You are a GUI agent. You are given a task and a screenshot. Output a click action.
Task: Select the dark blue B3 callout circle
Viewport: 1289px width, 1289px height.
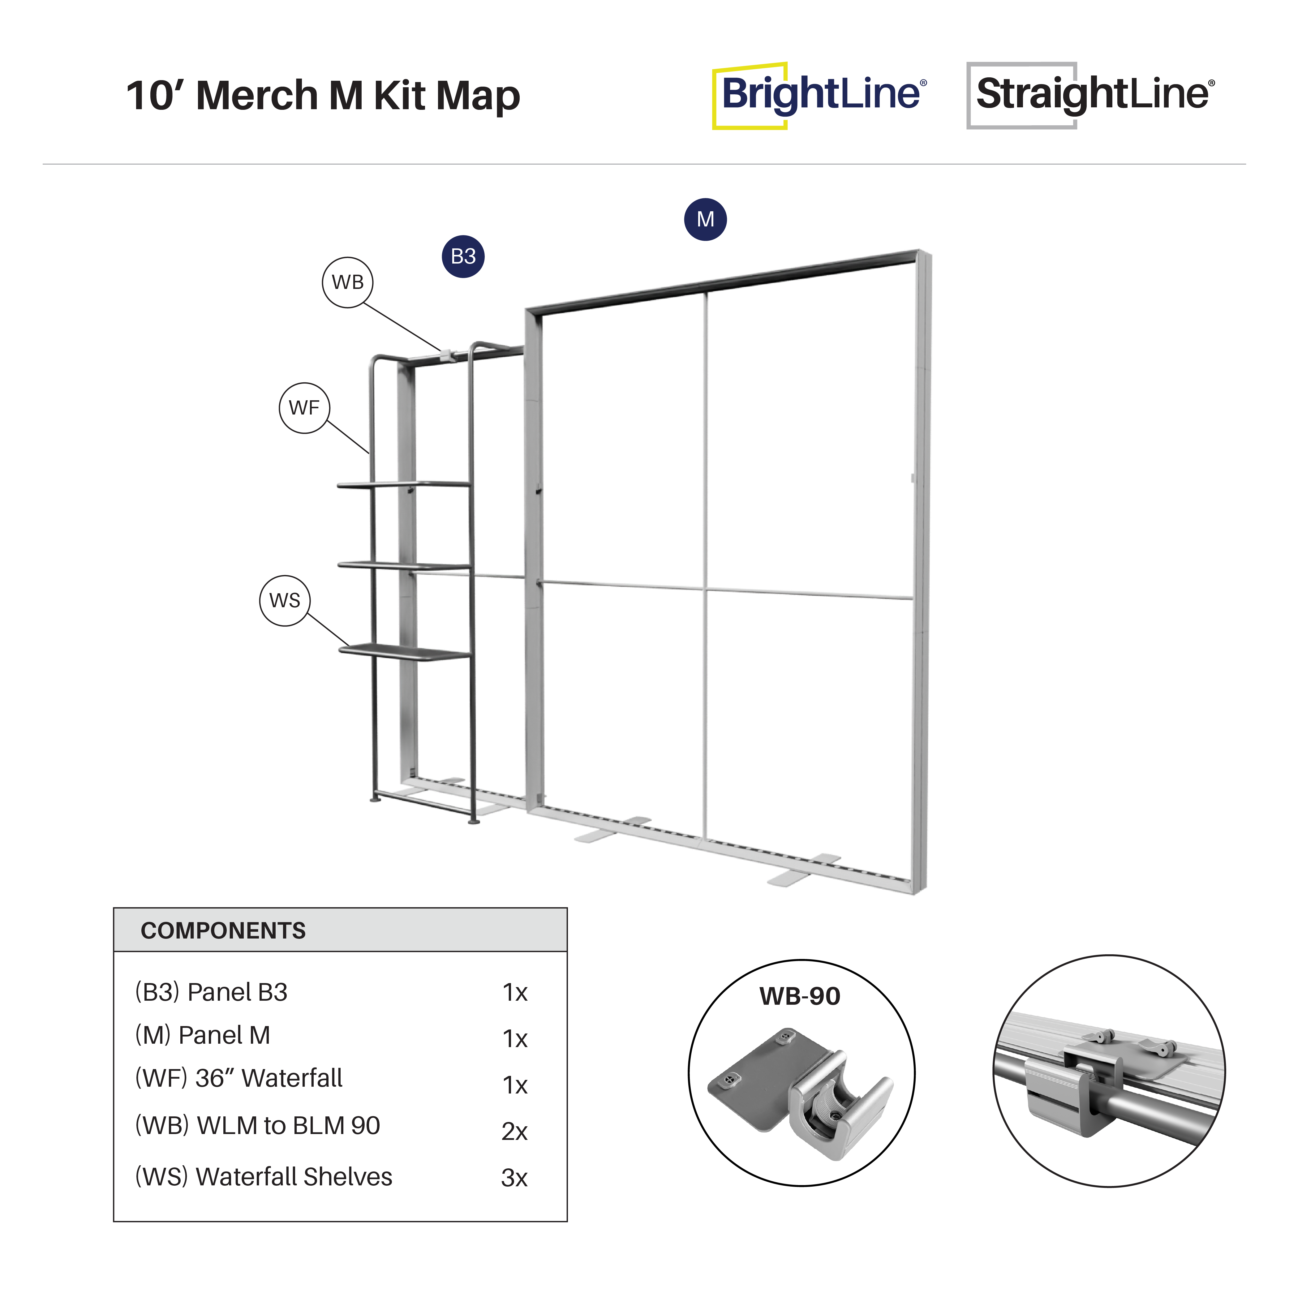pos(463,256)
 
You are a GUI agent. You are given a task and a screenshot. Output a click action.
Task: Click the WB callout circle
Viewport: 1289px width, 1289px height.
pos(348,282)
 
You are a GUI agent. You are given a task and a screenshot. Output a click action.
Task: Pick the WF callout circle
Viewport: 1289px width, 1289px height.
pos(304,408)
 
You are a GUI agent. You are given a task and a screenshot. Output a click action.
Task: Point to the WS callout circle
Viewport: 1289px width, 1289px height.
pos(285,600)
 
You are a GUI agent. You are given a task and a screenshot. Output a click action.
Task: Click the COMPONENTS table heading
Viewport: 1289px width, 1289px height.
pos(224,931)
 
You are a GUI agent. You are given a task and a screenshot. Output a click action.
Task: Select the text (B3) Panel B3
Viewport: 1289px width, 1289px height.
pos(211,992)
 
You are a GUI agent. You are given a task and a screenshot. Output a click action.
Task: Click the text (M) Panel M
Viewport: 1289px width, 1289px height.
pos(202,1035)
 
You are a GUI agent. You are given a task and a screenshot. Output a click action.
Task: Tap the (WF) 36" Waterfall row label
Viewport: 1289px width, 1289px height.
pos(238,1078)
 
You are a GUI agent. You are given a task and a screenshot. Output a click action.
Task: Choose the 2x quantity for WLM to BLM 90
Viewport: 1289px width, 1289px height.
pos(514,1132)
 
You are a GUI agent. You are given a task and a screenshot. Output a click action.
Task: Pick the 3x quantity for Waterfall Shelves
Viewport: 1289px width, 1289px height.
pos(514,1178)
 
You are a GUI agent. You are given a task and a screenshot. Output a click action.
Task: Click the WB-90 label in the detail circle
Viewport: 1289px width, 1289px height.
pos(800,996)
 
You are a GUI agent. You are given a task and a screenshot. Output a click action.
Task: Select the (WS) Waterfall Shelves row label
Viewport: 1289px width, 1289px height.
pos(264,1177)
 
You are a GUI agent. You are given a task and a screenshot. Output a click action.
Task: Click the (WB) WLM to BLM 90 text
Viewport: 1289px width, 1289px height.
pos(258,1126)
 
